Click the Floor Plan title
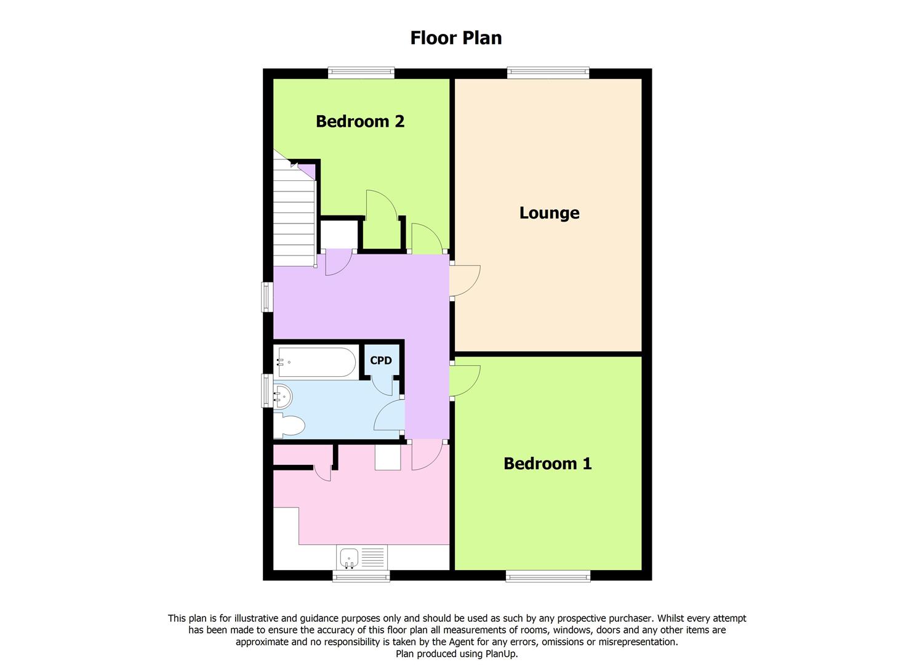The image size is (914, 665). [456, 38]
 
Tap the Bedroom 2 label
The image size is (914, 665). [360, 121]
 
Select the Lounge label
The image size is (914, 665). [549, 213]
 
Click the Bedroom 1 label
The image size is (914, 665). [547, 464]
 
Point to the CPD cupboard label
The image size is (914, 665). [380, 361]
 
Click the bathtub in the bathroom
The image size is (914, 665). [316, 362]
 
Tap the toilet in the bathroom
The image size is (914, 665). [290, 425]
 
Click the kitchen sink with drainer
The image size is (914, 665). [362, 558]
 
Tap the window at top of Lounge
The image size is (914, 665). [548, 73]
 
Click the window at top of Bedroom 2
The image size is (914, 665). [361, 73]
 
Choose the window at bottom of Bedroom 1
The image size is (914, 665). [548, 576]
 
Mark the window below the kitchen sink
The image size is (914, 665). [361, 576]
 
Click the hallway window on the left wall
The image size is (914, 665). [267, 297]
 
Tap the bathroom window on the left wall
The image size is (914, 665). [267, 390]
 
